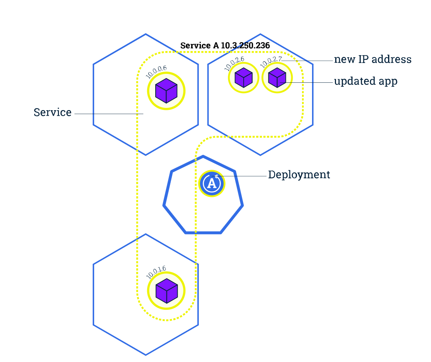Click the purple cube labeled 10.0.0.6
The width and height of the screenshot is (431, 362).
click(x=166, y=91)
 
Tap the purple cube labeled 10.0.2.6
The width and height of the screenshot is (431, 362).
click(x=243, y=78)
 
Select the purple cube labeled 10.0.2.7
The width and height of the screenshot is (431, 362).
click(x=277, y=77)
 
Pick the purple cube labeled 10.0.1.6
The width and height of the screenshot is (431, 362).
click(x=166, y=291)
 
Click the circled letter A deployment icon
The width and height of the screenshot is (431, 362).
click(x=212, y=183)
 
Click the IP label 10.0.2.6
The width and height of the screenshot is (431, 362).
click(x=234, y=63)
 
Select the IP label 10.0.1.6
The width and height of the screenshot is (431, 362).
click(x=156, y=272)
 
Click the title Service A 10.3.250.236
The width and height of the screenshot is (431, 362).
click(x=225, y=45)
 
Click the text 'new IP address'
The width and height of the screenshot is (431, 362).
click(x=372, y=60)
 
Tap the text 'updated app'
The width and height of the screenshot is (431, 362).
click(x=365, y=82)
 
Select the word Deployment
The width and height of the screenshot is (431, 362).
click(x=299, y=175)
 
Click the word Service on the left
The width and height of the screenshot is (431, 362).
click(x=53, y=113)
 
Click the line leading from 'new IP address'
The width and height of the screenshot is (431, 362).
click(x=309, y=61)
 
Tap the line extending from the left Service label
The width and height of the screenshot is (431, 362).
click(x=108, y=114)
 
